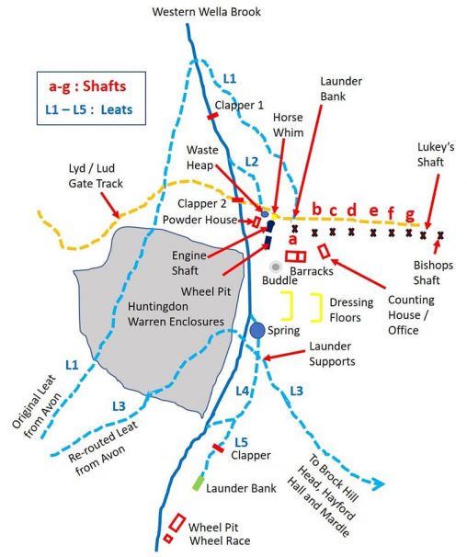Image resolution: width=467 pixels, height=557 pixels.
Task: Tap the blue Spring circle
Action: (257, 329)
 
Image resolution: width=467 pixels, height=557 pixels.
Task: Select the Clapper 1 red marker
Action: (212, 117)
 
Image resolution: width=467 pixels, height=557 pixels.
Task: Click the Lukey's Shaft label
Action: (427, 153)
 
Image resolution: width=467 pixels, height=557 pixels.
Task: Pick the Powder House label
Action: (204, 220)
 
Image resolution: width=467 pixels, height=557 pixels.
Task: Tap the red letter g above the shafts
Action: (411, 214)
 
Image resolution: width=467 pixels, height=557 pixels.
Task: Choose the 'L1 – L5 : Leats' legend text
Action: (88, 108)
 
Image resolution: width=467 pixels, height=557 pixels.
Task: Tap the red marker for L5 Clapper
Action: (218, 448)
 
